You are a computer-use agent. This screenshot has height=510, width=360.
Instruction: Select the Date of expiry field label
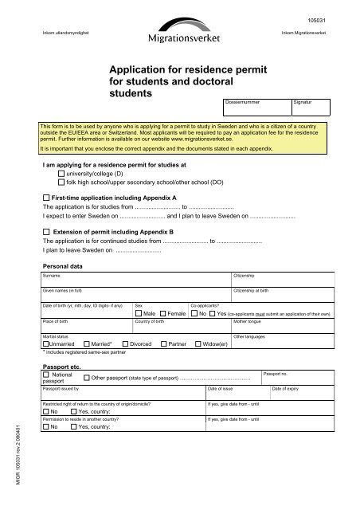coord(288,389)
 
